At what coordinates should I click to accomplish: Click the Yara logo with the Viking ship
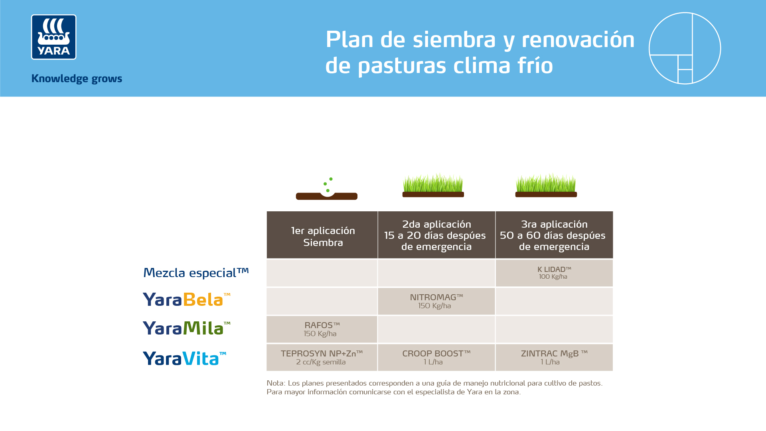tap(53, 37)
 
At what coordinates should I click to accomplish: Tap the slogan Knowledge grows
tap(77, 79)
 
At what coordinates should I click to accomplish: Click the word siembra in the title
tap(454, 40)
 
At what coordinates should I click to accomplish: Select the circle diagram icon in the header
tap(685, 48)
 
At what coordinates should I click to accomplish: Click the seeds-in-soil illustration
tap(326, 190)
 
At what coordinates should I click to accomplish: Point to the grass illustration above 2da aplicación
tap(433, 186)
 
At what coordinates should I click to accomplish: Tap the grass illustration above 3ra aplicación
tap(546, 186)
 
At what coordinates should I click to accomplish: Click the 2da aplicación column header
tap(436, 235)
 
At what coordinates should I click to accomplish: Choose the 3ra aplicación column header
tap(554, 235)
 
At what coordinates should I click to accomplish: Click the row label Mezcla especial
tap(195, 273)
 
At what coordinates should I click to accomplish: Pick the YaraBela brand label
tap(186, 300)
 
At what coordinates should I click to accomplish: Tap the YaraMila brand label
tap(186, 328)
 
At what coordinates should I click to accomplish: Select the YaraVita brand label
tap(184, 358)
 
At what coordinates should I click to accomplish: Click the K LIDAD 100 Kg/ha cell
tap(554, 273)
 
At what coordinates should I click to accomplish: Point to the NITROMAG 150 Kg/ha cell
tap(436, 301)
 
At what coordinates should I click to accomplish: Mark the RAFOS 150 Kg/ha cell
tap(322, 329)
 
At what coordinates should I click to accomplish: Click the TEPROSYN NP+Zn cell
tap(322, 358)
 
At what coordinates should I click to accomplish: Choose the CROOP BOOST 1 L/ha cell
tap(436, 358)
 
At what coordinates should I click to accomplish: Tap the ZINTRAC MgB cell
tap(554, 358)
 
